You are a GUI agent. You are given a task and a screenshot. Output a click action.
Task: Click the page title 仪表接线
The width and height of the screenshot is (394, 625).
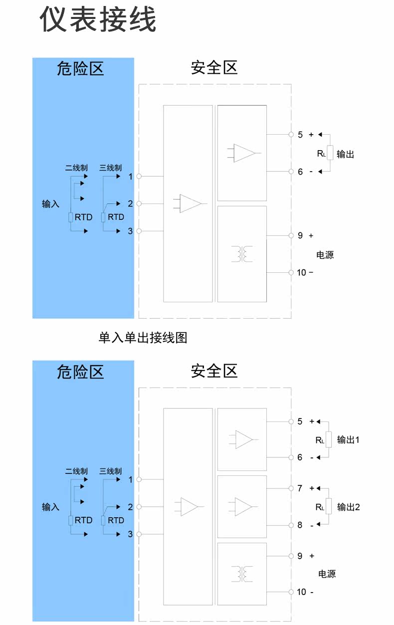coord(98,19)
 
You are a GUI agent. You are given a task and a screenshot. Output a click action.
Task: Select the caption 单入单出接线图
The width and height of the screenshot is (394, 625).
coord(143,338)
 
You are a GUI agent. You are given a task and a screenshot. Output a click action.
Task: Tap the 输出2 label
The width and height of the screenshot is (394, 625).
coord(348,507)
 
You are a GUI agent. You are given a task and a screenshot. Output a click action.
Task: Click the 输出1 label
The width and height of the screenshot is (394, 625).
coord(348,440)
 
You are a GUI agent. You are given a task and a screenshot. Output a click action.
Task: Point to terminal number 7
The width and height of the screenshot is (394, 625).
coord(300,488)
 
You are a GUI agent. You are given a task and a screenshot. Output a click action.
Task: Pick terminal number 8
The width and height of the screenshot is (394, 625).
coord(300,525)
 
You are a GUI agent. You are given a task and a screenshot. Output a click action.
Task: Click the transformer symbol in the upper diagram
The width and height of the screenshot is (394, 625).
coord(242,254)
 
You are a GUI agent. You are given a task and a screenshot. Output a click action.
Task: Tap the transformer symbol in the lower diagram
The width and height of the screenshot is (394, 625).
coord(242,574)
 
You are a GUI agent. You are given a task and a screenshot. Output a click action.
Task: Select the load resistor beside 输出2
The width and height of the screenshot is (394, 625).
coord(329,506)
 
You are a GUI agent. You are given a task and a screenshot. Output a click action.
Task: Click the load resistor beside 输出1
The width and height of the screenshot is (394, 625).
coord(329,439)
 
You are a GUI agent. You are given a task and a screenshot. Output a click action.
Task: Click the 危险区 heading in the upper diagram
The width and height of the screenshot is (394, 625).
coord(80,69)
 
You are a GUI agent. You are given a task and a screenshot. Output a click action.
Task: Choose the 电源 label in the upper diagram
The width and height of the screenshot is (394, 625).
coord(325,255)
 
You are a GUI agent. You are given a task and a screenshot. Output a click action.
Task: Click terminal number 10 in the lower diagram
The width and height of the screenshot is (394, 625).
coord(301,592)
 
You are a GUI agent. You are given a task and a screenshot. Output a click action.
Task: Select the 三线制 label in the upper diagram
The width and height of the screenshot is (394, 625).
coord(111,168)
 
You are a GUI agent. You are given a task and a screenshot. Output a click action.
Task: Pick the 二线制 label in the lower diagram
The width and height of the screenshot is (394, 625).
coord(76,471)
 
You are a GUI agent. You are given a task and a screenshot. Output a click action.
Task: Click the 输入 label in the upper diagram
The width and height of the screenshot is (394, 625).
coord(50,204)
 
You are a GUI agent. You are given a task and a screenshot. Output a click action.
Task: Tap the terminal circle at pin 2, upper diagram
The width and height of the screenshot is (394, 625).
coord(139,204)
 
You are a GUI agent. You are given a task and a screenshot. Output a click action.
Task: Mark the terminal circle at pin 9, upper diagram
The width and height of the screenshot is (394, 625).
coord(291,236)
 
